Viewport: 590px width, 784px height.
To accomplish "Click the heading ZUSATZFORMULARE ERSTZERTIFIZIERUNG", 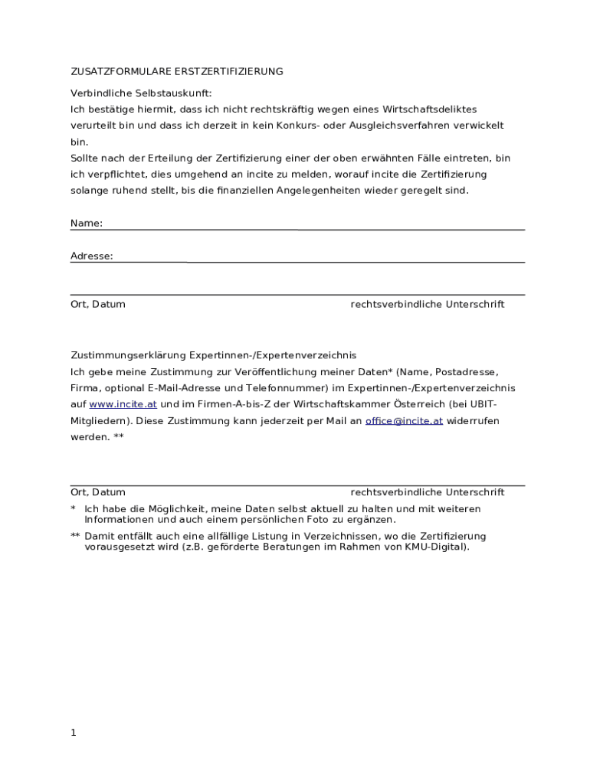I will (177, 71).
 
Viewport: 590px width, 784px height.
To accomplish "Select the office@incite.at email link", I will (404, 421).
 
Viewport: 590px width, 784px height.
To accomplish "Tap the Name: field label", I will (87, 223).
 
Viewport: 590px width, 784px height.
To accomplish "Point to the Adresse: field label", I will (92, 256).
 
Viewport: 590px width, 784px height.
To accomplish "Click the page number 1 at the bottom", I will (74, 733).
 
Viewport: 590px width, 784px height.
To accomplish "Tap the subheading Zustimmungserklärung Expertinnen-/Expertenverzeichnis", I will (214, 356).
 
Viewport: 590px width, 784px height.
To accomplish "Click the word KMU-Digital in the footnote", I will (434, 547).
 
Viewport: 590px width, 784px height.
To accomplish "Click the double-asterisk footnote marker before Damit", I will (75, 537).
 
